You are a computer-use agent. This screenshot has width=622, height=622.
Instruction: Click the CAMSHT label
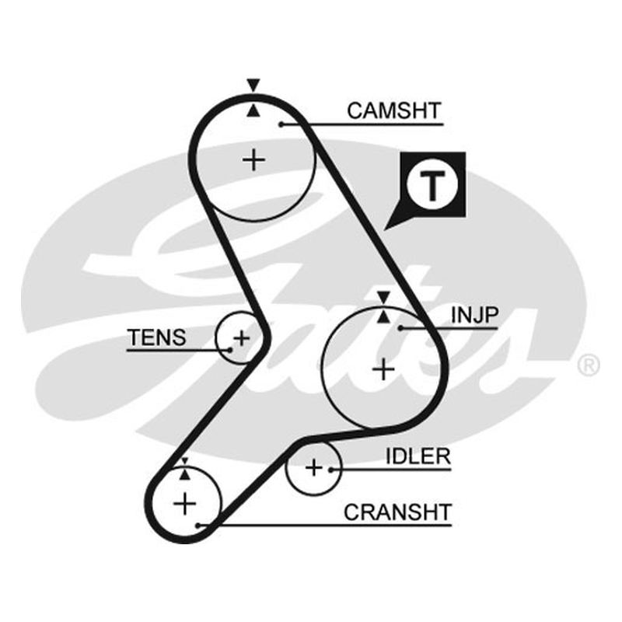394,110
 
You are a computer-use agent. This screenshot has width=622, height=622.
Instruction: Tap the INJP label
474,315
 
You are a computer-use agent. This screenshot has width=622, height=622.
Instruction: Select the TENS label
157,337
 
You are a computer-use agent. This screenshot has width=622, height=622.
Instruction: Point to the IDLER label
418,456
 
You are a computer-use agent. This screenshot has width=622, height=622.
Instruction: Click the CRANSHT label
397,512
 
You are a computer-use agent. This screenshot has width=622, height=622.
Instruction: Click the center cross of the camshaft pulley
253,160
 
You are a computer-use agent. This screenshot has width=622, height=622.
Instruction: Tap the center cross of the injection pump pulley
383,369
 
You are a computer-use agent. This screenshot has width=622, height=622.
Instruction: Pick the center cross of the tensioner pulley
241,338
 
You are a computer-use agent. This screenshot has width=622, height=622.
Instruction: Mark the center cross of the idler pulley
314,468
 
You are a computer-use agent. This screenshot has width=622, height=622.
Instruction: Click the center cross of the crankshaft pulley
185,504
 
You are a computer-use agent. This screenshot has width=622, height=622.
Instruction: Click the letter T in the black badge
433,186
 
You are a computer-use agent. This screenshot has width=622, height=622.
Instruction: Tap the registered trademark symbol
589,365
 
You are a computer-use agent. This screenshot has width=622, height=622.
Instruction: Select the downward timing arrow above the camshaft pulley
253,85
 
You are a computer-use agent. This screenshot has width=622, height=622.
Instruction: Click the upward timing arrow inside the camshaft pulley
253,110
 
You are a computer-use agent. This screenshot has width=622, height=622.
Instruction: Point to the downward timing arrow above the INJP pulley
383,297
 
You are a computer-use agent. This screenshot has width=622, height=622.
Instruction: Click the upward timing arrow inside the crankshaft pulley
184,474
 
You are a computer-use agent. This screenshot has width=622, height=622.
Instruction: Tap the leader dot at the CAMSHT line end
281,124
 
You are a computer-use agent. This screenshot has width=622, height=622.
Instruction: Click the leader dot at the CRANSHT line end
198,526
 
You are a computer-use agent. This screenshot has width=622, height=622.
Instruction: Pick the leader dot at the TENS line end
229,351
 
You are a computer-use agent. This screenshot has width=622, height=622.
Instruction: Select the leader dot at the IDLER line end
330,470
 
